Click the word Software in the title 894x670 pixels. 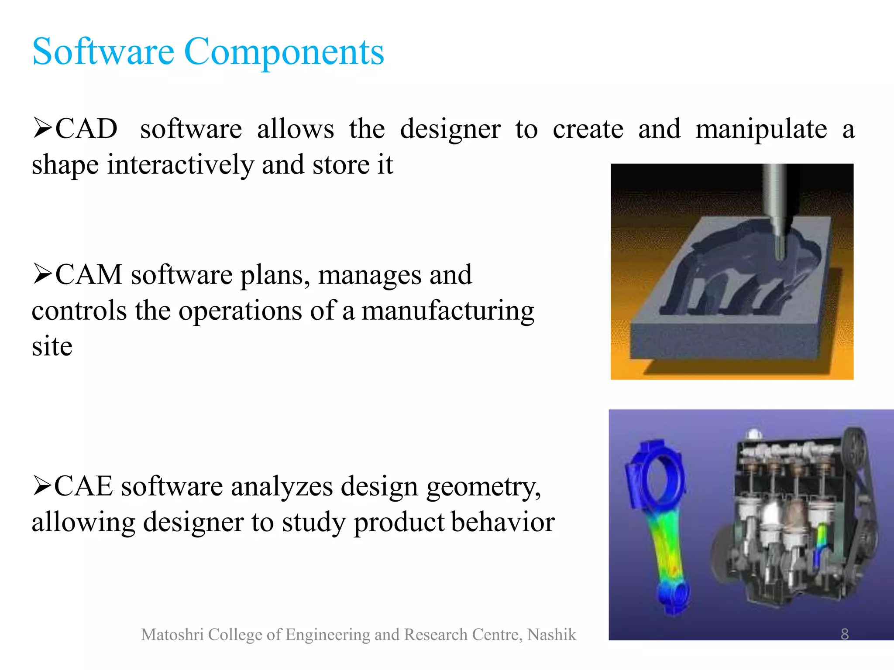[x=103, y=52]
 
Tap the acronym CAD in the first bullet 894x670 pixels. [x=86, y=129]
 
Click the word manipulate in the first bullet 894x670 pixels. [x=761, y=130]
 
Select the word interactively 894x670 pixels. [x=181, y=165]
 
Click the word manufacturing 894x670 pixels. [x=447, y=311]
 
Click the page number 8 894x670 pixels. [x=845, y=634]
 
